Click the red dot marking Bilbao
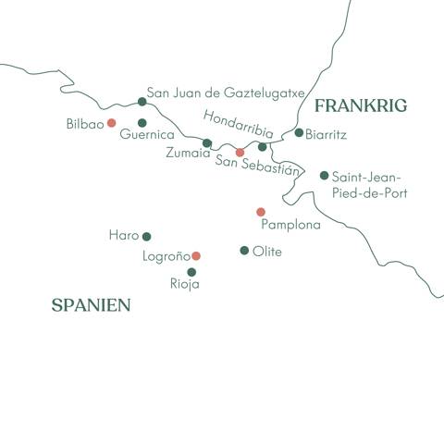point(111,122)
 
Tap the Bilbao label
point(85,122)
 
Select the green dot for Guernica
point(142,122)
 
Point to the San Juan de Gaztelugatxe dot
point(142,102)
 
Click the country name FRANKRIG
point(360,106)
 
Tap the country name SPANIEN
point(91,304)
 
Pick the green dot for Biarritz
point(299,132)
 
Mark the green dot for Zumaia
point(207,142)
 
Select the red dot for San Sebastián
point(240,153)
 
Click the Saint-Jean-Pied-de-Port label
point(369,184)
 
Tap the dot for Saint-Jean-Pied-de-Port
point(324,175)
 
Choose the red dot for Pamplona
point(261,212)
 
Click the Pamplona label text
point(291,225)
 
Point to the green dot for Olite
point(244,250)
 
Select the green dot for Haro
point(146,236)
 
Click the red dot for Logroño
point(195,255)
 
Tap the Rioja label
point(185,284)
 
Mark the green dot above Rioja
point(191,272)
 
